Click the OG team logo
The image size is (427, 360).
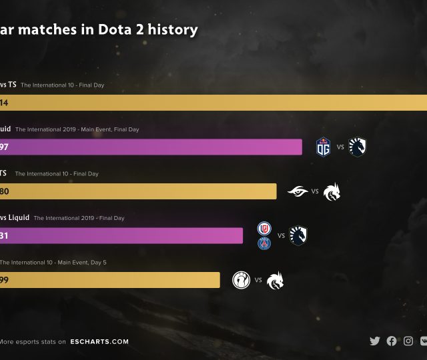[x=323, y=147]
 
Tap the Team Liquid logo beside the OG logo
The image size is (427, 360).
[x=358, y=147]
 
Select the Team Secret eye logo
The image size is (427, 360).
[x=298, y=191]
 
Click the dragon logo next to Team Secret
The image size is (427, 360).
[x=332, y=192]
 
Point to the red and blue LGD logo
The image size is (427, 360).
[x=264, y=229]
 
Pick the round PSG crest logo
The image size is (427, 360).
[x=264, y=243]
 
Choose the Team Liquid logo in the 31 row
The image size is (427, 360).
[x=298, y=235]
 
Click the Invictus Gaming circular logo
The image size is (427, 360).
[x=241, y=280]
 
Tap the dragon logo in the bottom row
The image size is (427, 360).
[x=274, y=280]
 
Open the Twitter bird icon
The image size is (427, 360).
[x=375, y=341]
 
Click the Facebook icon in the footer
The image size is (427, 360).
[x=392, y=341]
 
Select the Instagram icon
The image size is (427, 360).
[x=408, y=341]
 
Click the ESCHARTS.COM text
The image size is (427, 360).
[x=99, y=341]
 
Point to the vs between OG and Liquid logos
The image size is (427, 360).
[x=340, y=147]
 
